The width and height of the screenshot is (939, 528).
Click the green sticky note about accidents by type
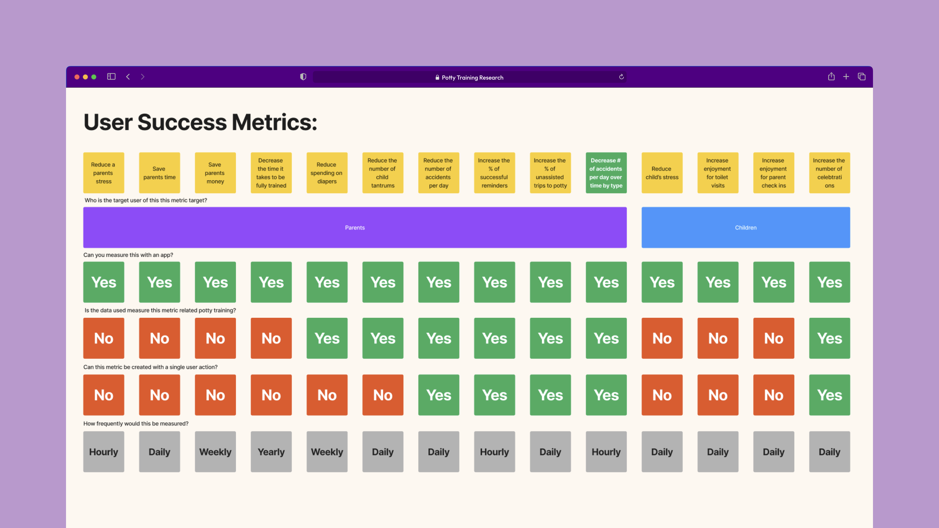coord(606,173)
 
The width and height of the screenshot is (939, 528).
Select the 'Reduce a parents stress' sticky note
coord(104,173)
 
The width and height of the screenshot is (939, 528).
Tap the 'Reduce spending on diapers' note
coord(327,173)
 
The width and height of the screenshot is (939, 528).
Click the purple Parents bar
coord(355,227)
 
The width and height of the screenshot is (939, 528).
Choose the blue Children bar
coord(746,227)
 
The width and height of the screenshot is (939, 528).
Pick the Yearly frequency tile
coord(271,452)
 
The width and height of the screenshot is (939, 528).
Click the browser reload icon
coord(621,77)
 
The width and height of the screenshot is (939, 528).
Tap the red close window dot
coord(77,77)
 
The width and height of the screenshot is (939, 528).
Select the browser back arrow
coord(128,77)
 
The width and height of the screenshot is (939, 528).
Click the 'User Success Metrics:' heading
coord(200,122)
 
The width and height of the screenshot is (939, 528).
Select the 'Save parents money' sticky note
coord(215,173)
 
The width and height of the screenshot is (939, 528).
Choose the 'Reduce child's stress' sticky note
coord(661,173)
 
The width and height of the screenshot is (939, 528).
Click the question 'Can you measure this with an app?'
coord(128,255)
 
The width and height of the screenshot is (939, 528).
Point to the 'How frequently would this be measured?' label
coord(136,424)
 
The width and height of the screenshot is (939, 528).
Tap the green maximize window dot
coord(94,77)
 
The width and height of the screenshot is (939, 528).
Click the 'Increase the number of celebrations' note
coord(829,173)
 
